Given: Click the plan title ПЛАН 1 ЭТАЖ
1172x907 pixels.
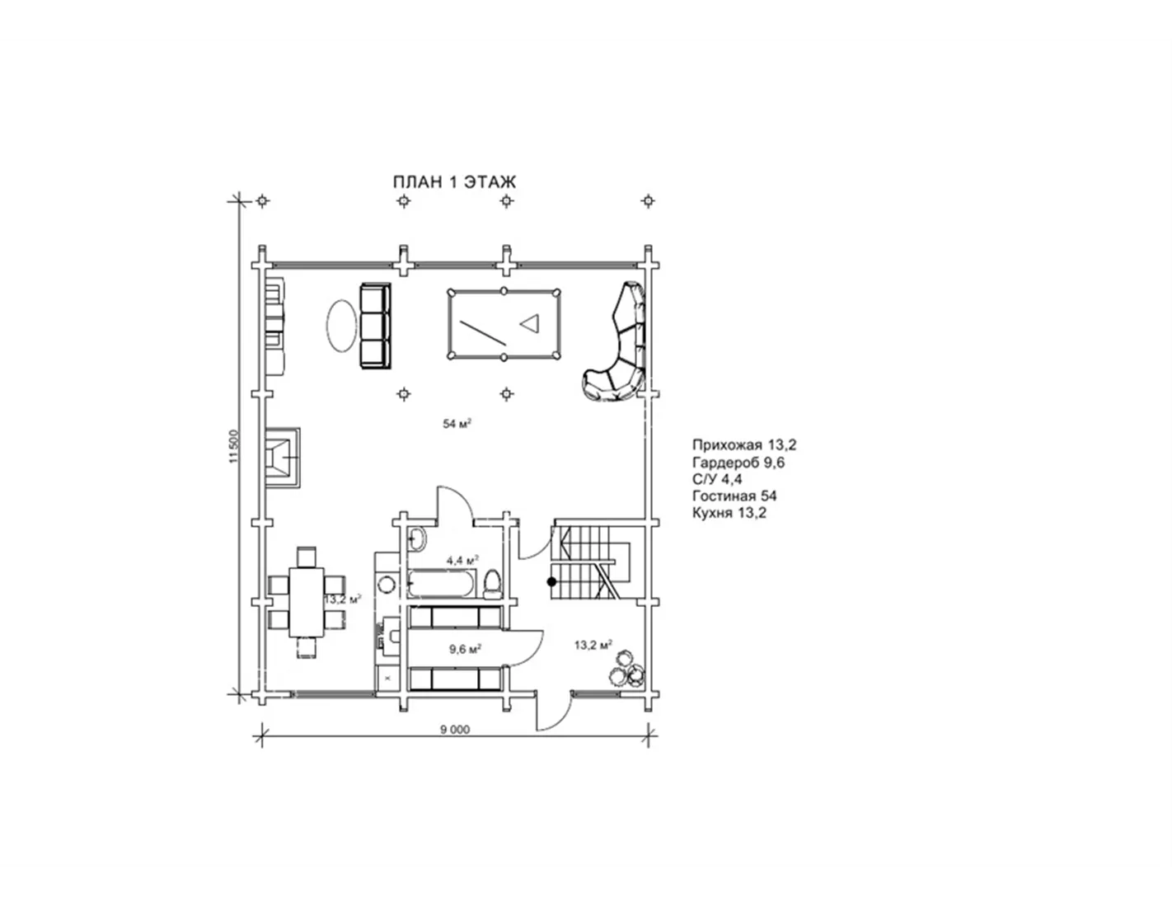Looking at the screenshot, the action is (x=454, y=182).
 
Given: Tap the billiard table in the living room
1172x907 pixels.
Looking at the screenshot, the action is (x=504, y=324).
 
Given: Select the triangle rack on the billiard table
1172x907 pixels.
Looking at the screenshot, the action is (x=530, y=323).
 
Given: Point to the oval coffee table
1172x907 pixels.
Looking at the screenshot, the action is (x=341, y=326).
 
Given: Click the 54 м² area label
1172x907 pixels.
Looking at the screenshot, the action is (x=457, y=424).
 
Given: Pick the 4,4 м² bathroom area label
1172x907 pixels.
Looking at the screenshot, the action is (x=462, y=560).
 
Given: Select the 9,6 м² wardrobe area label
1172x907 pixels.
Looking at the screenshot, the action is (x=466, y=649).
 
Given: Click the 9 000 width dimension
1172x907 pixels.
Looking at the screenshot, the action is (x=455, y=730).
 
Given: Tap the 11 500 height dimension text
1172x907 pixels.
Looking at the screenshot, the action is (x=233, y=446).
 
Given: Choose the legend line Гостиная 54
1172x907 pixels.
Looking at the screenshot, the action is (x=734, y=496).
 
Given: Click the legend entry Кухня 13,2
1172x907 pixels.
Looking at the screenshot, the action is (x=729, y=512).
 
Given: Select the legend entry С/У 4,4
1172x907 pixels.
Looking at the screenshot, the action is (x=717, y=478).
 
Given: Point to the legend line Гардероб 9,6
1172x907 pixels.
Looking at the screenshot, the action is (x=738, y=462).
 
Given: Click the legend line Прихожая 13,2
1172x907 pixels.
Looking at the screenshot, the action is (x=744, y=444).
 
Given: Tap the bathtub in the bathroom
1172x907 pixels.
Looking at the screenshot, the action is (x=442, y=585).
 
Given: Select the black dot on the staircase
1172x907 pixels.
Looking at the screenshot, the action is (x=551, y=581).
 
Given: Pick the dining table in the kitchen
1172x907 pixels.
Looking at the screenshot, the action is (x=307, y=602).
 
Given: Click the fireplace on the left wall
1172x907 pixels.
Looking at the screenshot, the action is (x=282, y=458).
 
